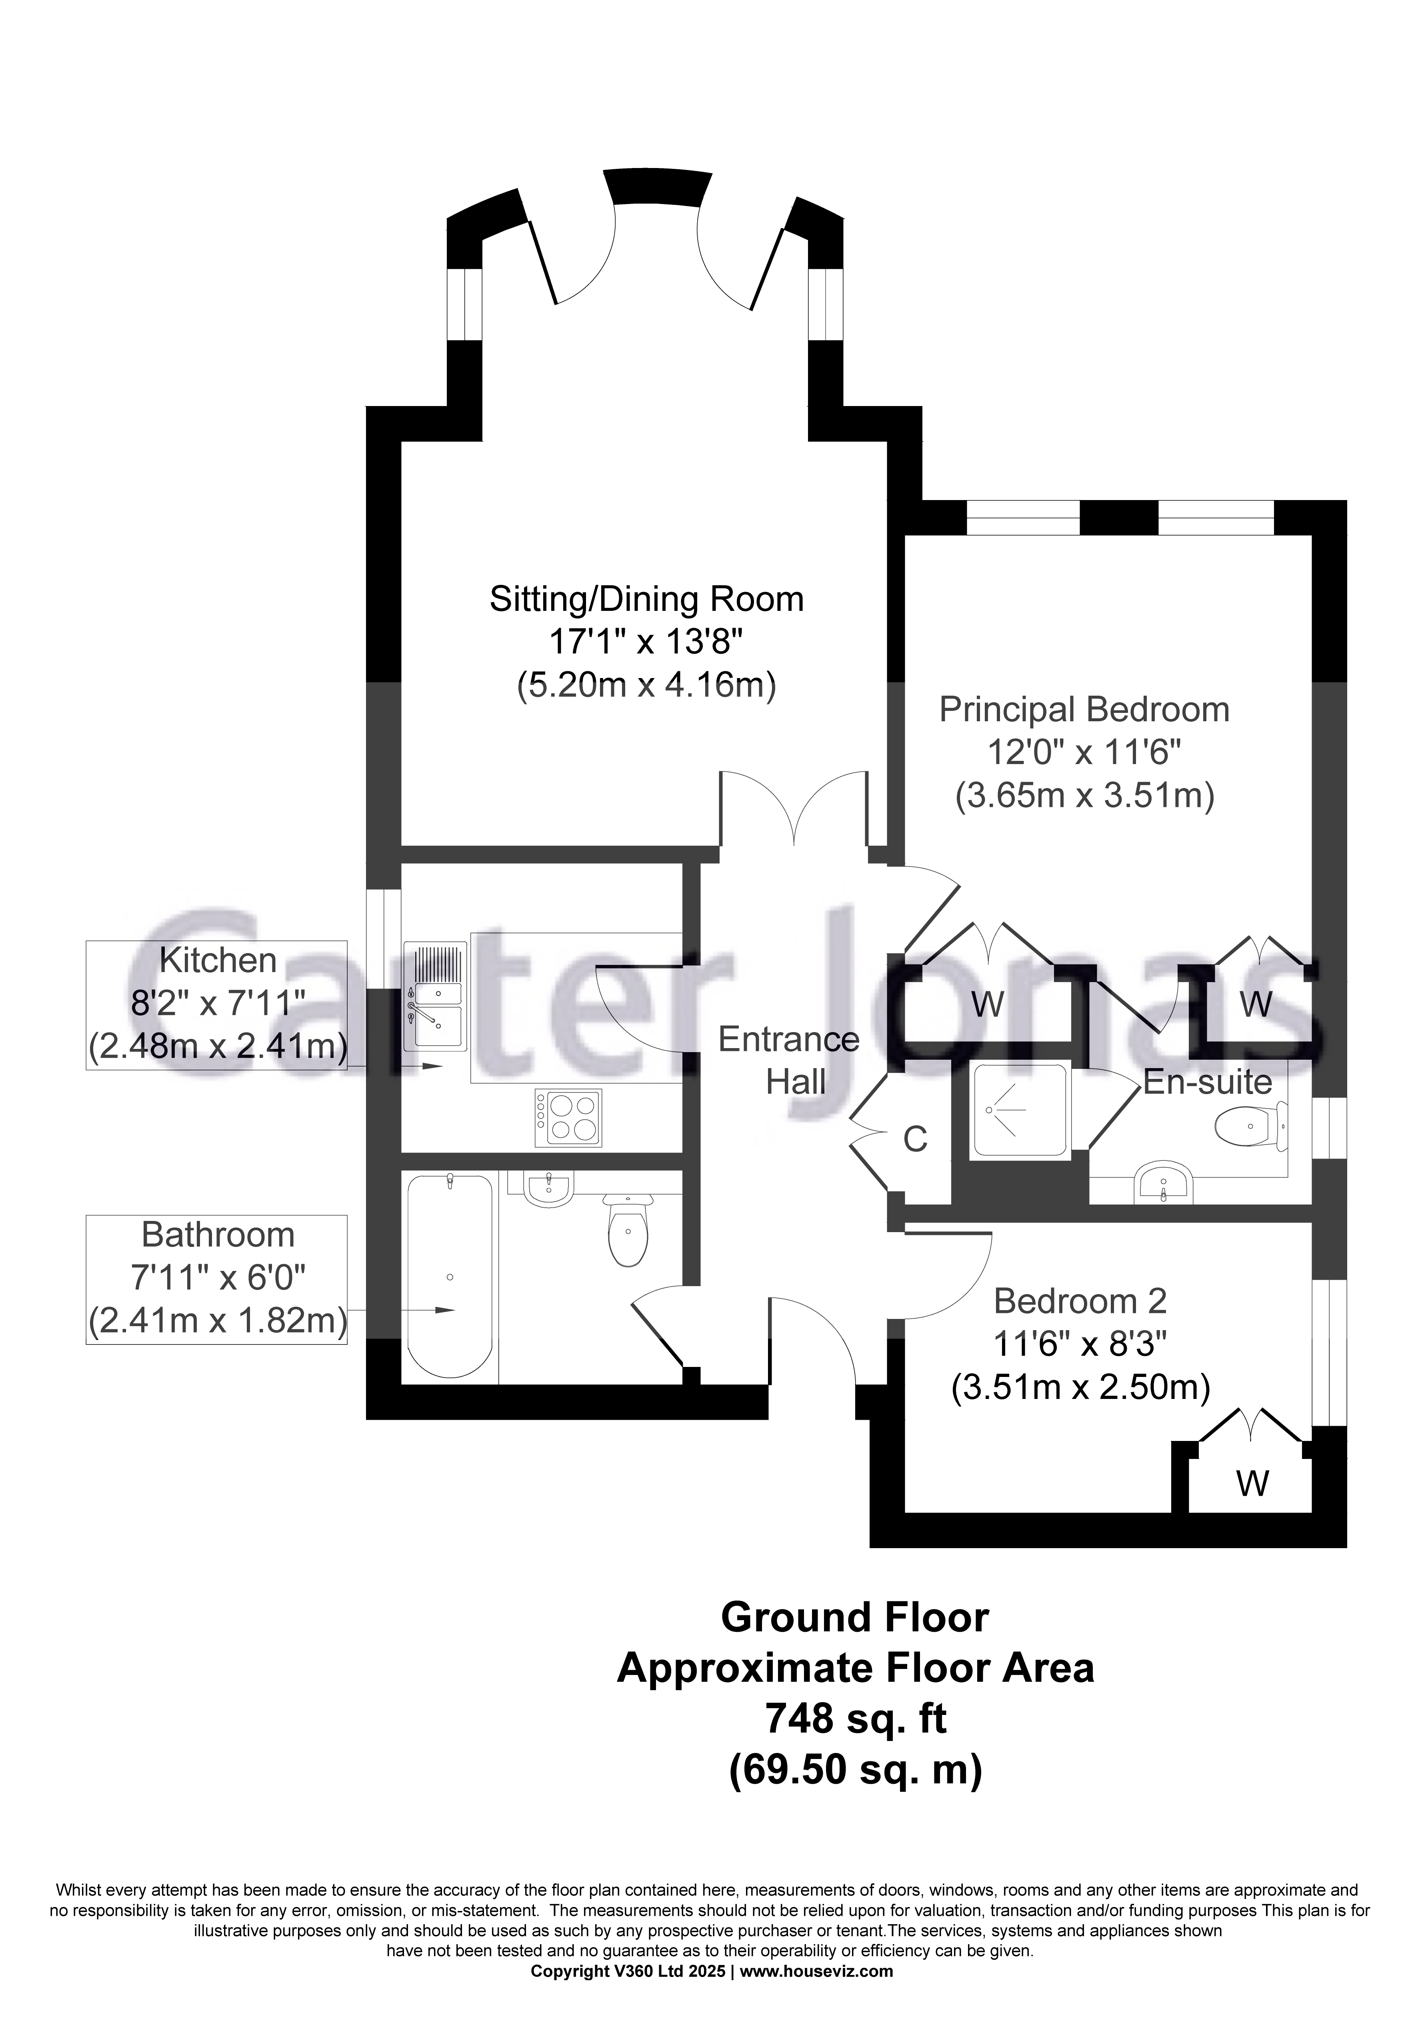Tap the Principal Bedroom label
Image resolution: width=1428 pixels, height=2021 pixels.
pos(1084,709)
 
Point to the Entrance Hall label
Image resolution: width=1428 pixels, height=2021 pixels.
pos(789,1061)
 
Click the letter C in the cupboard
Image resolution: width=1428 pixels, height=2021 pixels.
pos(916,1140)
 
